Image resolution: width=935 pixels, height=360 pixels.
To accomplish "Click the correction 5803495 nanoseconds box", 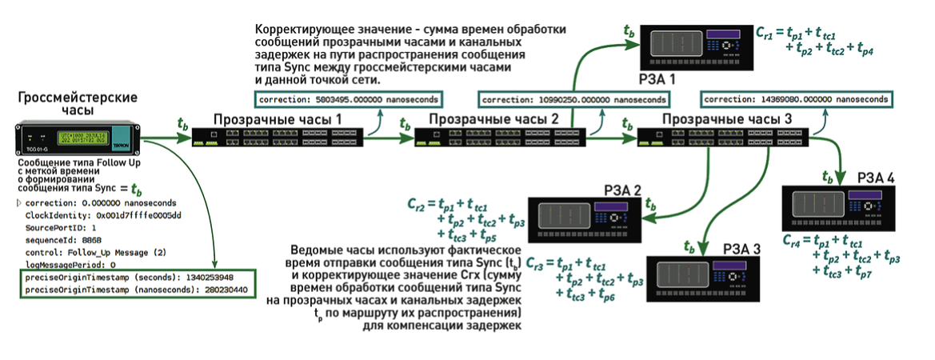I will tap(350, 99).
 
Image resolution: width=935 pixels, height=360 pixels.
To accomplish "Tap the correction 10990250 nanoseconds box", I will tap(573, 99).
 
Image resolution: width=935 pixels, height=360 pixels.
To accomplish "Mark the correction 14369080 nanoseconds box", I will tap(795, 99).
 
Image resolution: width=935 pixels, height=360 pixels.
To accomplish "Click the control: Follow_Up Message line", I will tap(95, 251).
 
